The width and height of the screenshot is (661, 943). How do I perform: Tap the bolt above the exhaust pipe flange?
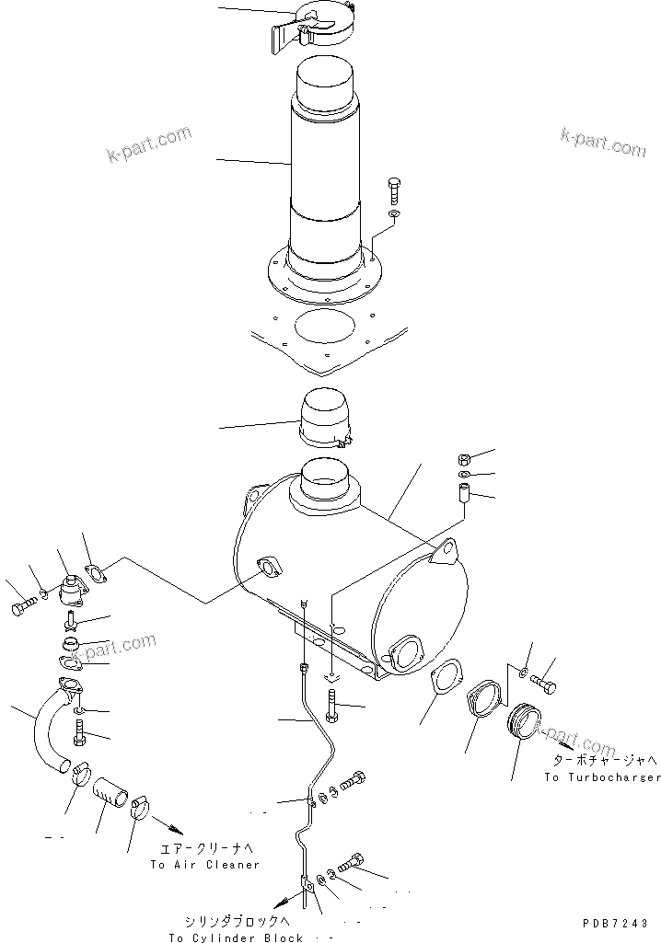[x=395, y=190]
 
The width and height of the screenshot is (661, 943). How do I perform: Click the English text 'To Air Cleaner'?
[x=205, y=865]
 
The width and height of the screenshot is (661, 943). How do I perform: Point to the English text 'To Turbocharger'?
[x=601, y=777]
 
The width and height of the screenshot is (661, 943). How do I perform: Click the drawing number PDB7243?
[x=615, y=923]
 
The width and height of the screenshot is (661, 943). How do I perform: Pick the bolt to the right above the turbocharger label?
[x=544, y=685]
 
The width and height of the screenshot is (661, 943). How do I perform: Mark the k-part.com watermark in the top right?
[x=603, y=143]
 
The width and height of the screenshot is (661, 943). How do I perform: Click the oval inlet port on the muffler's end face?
[x=404, y=654]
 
